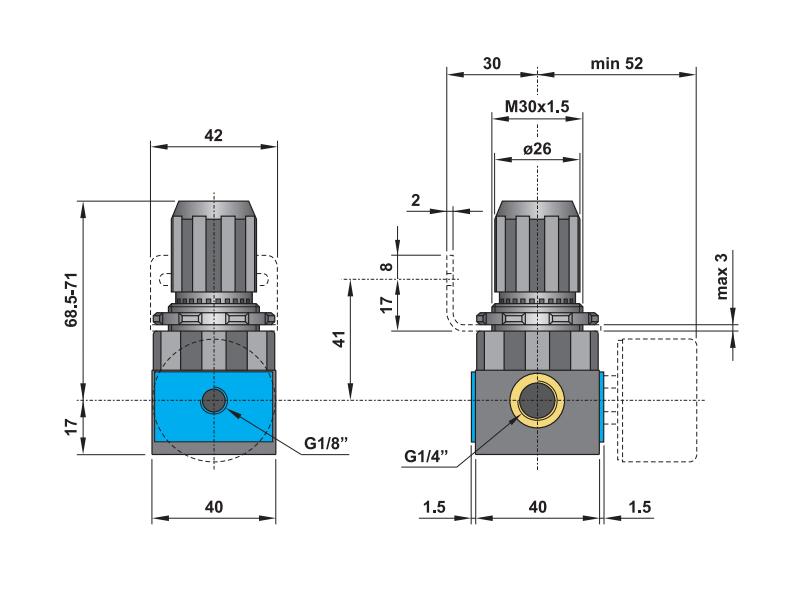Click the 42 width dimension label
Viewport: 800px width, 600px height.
pos(213,136)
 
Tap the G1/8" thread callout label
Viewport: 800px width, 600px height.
pos(328,443)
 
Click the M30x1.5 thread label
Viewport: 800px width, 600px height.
pos(536,106)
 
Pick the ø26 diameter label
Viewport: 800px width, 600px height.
pos(538,148)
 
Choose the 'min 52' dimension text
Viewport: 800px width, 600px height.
pos(616,63)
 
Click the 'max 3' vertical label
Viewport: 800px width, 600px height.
pos(723,276)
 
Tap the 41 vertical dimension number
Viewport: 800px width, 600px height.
pos(340,339)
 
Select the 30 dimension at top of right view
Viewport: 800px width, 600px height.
pos(491,63)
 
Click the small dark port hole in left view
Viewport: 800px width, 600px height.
pos(213,401)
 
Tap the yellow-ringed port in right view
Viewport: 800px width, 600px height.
pos(538,401)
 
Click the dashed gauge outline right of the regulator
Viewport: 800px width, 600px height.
pos(657,400)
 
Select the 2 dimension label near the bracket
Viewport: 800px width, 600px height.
pos(416,199)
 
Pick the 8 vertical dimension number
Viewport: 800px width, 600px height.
pos(386,267)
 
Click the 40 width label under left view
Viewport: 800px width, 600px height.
pos(213,507)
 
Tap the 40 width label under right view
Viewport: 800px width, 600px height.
pos(537,507)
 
